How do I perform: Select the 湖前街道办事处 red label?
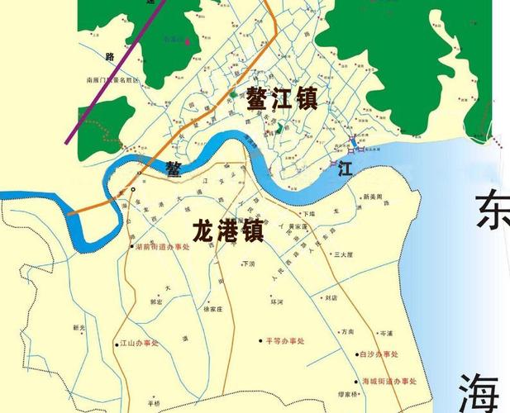click(x=164, y=246)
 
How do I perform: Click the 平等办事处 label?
click(x=285, y=339)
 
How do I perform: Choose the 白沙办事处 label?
click(x=379, y=354)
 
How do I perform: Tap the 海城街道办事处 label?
click(x=390, y=381)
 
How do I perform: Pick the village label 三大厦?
click(x=343, y=255)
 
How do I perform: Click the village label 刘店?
click(x=331, y=297)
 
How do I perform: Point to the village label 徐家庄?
click(x=213, y=308)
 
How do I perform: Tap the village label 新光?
click(x=79, y=328)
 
